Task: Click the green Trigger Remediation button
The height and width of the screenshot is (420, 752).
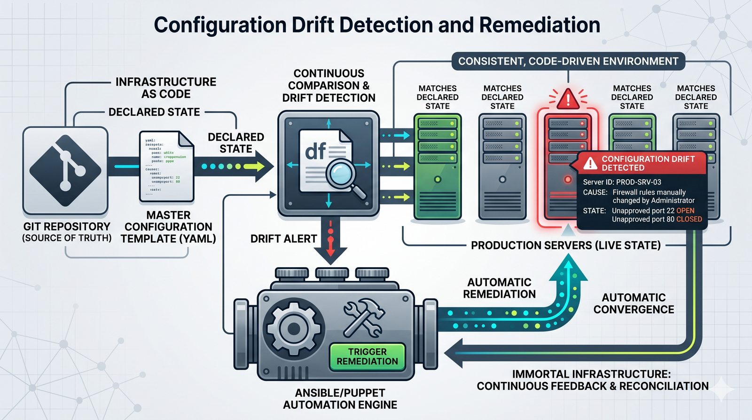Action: click(x=367, y=357)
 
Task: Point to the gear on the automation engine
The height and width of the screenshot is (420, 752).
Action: click(x=293, y=328)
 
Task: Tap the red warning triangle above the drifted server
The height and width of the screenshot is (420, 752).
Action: click(x=568, y=99)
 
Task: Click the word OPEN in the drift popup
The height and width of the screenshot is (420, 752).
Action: click(x=685, y=211)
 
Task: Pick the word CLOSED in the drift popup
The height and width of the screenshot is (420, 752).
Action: click(x=689, y=219)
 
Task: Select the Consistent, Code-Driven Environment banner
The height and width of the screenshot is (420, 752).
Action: click(x=568, y=62)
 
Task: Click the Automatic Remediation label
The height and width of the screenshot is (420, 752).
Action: click(x=499, y=288)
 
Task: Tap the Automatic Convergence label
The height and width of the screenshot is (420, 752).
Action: click(x=634, y=303)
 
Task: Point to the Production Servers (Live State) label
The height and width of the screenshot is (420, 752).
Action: click(x=565, y=245)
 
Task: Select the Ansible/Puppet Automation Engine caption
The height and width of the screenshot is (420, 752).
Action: click(x=340, y=399)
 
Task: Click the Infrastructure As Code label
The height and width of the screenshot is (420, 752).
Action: click(x=166, y=88)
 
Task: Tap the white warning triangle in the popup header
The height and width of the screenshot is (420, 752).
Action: click(x=590, y=163)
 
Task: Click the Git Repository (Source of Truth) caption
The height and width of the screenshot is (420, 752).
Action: click(x=67, y=232)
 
